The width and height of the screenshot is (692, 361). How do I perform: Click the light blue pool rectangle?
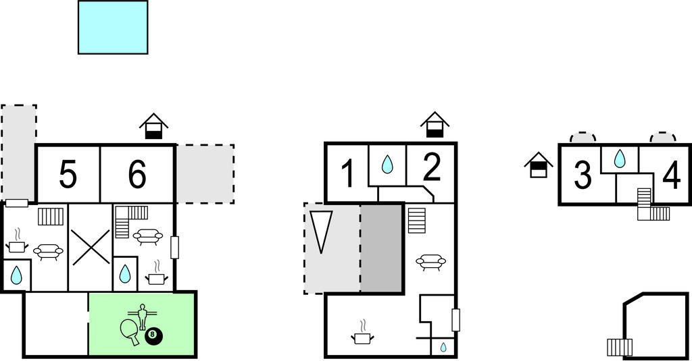[113, 28]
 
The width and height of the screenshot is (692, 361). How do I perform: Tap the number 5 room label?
[68, 175]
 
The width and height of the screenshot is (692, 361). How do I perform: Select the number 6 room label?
[137, 175]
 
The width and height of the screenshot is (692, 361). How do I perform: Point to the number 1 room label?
[348, 174]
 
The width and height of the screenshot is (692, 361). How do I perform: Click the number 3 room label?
[583, 175]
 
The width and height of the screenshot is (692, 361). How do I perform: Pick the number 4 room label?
[671, 176]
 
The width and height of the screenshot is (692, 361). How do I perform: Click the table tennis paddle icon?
[130, 331]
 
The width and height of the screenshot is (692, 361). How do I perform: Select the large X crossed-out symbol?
[91, 247]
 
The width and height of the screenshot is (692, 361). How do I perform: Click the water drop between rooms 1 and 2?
[387, 164]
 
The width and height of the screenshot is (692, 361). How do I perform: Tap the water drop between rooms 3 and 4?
[620, 159]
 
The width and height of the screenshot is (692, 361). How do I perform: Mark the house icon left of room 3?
[539, 165]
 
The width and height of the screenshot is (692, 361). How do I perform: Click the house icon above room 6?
[153, 126]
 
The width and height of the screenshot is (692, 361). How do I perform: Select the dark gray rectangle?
[382, 248]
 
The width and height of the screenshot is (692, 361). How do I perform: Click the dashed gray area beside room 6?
[205, 173]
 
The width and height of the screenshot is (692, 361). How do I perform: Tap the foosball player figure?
[142, 316]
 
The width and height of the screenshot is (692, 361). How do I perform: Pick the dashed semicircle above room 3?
[583, 137]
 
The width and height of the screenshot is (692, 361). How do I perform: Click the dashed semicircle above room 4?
[663, 137]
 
